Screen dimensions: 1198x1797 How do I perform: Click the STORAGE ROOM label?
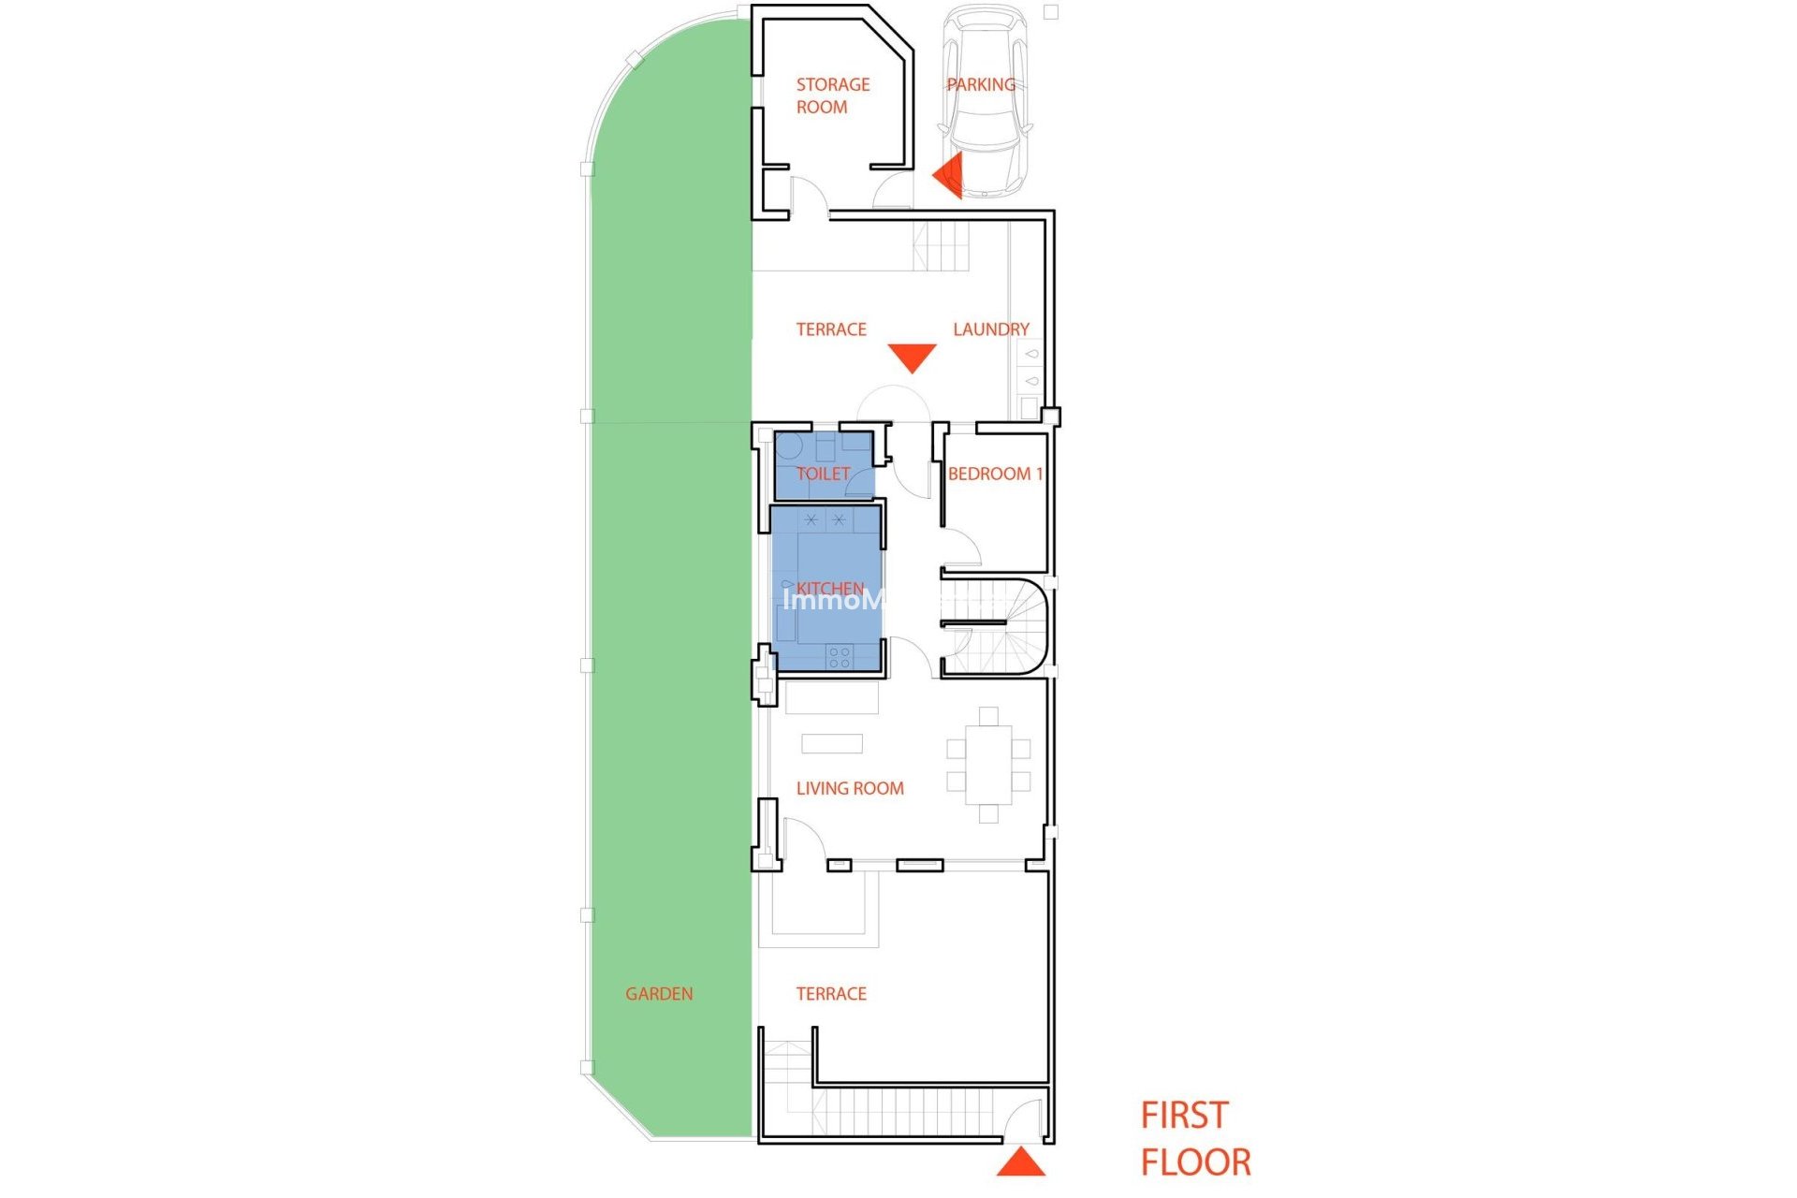click(832, 95)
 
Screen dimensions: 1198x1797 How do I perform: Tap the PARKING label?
click(981, 84)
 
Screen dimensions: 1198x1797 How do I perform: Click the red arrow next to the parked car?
click(948, 175)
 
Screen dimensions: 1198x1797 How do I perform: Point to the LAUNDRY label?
click(990, 329)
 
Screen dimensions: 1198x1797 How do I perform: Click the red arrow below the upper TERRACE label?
click(912, 358)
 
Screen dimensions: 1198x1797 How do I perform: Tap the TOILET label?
click(823, 474)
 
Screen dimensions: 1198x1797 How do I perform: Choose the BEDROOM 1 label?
click(995, 474)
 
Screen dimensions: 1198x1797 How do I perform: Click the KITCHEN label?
click(830, 588)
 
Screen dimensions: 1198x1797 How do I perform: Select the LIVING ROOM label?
click(850, 788)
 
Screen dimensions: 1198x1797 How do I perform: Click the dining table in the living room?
click(988, 765)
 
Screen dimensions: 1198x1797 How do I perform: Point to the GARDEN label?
click(659, 994)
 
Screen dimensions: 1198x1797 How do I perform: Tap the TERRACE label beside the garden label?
click(831, 994)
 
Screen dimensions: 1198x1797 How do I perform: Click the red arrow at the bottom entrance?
click(1020, 1163)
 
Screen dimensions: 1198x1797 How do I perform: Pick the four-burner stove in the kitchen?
click(840, 656)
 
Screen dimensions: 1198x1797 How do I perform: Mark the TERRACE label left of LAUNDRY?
click(831, 329)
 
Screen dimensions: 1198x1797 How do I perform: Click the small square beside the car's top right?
click(1051, 12)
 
